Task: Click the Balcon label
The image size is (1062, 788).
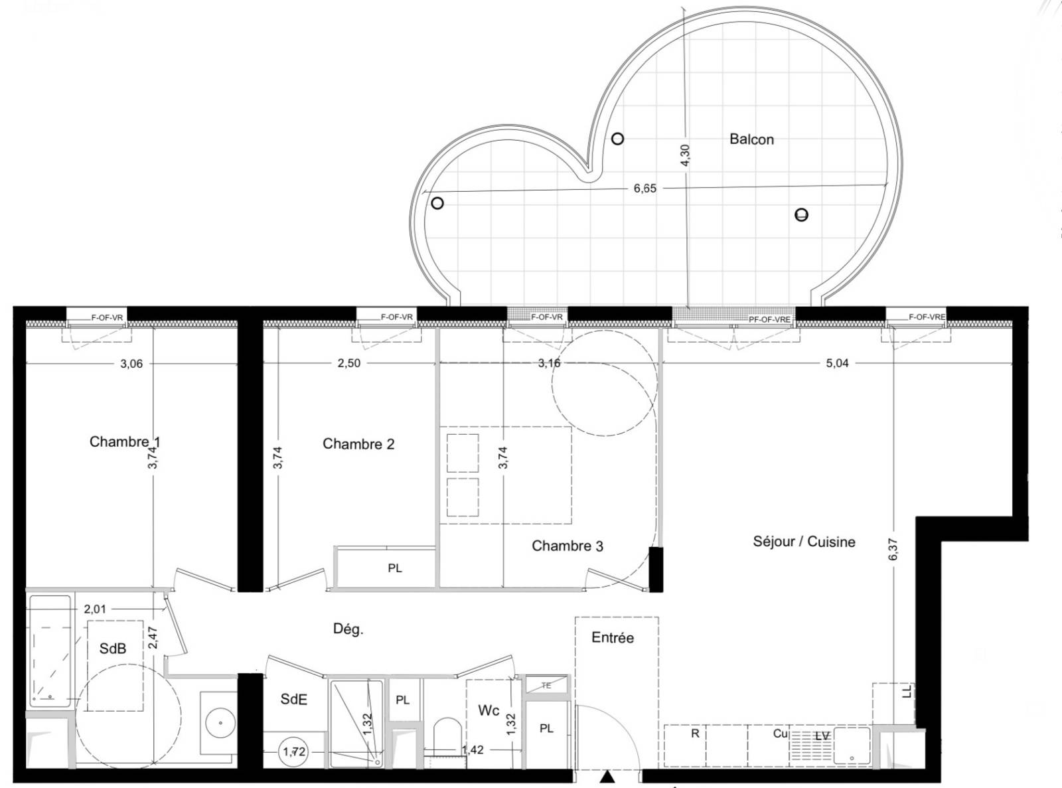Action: [751, 139]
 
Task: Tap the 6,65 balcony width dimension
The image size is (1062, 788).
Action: [645, 189]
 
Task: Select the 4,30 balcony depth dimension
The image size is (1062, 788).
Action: [686, 157]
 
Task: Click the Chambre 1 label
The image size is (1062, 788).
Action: [125, 442]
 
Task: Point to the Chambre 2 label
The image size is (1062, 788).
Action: [358, 444]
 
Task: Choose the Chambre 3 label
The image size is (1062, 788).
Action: [568, 546]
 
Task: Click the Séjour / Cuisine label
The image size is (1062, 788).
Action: [804, 542]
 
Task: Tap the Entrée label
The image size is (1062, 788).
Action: [613, 638]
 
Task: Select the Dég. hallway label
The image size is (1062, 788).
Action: [348, 629]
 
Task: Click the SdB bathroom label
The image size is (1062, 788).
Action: [113, 649]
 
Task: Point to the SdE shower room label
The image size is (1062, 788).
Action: [293, 699]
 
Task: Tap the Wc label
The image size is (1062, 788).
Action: [489, 710]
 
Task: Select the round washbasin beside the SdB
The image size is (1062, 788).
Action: [218, 722]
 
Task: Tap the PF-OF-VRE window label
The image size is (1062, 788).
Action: [769, 319]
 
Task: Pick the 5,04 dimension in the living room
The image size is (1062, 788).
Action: [837, 363]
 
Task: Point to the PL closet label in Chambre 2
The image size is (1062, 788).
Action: [395, 568]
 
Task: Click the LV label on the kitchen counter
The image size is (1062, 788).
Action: [822, 736]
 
